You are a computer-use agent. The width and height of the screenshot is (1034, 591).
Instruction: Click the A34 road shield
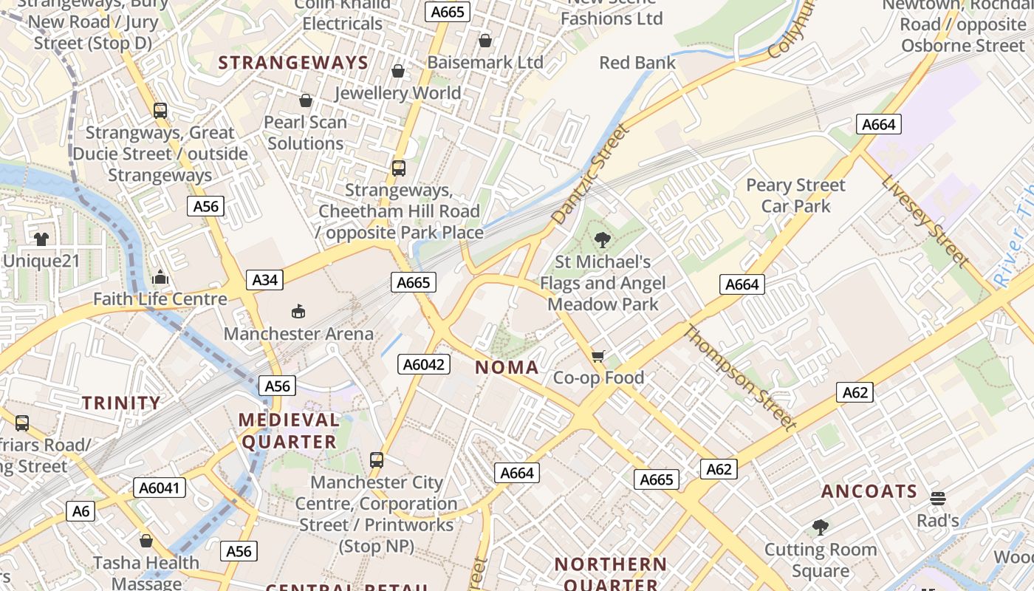click(x=265, y=280)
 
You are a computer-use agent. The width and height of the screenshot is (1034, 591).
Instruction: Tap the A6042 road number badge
click(x=423, y=363)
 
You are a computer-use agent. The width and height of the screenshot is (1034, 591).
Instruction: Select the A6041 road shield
click(x=160, y=488)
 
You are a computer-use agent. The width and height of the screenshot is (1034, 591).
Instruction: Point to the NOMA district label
click(x=507, y=367)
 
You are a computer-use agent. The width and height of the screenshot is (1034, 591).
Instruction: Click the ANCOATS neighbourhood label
click(x=869, y=491)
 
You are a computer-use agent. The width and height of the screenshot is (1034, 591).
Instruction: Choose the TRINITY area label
click(x=121, y=403)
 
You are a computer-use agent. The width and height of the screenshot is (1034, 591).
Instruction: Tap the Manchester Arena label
click(x=298, y=334)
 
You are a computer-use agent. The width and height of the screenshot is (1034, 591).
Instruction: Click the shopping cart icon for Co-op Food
click(x=598, y=357)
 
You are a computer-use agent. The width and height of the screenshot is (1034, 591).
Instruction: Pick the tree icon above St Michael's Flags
click(x=603, y=239)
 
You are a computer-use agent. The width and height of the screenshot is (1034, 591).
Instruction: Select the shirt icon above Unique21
click(x=41, y=239)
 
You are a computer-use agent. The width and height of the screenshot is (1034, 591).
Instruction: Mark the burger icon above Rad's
click(x=938, y=499)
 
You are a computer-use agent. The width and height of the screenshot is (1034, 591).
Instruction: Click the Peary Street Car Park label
click(x=795, y=195)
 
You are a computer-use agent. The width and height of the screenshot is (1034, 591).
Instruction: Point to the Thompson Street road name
click(x=739, y=378)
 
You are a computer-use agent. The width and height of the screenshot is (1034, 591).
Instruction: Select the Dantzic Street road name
click(x=590, y=174)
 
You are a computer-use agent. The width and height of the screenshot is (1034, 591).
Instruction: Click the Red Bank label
click(x=637, y=63)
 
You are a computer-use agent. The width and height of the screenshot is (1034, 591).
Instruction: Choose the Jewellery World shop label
click(x=397, y=93)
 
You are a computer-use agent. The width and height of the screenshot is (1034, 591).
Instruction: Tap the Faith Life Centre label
click(x=160, y=299)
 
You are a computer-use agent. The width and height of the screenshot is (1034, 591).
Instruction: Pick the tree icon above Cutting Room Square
click(x=820, y=527)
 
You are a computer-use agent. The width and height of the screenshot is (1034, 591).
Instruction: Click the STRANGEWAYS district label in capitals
click(x=293, y=63)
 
